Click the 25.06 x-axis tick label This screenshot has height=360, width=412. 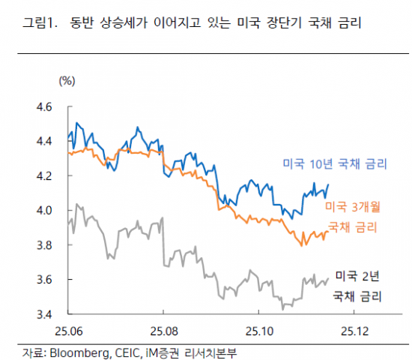click(x=68, y=330)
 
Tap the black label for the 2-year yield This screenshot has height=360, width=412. click(x=355, y=286)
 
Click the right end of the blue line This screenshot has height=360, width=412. click(x=329, y=184)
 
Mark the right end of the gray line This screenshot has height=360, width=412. click(x=328, y=278)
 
